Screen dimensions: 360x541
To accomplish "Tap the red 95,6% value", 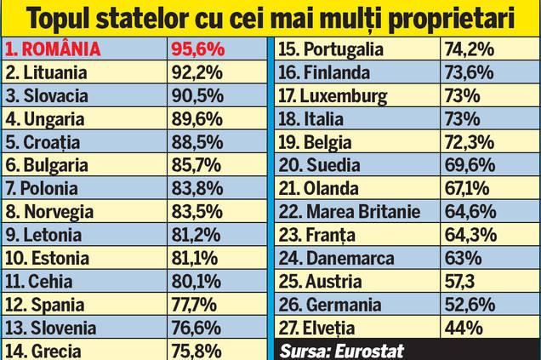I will click(195, 49).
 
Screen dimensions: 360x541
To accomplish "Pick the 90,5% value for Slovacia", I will click(195, 95).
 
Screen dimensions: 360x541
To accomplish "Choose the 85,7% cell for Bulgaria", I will click(195, 165).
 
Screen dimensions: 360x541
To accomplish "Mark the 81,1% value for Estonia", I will click(195, 257).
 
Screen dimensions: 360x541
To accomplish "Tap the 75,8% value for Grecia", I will click(195, 350).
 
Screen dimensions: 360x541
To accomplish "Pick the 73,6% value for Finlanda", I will click(467, 72).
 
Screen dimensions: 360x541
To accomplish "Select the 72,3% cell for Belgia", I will click(467, 142).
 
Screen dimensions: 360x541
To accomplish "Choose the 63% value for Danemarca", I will click(460, 257).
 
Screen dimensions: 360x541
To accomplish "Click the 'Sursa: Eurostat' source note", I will click(340, 350).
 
